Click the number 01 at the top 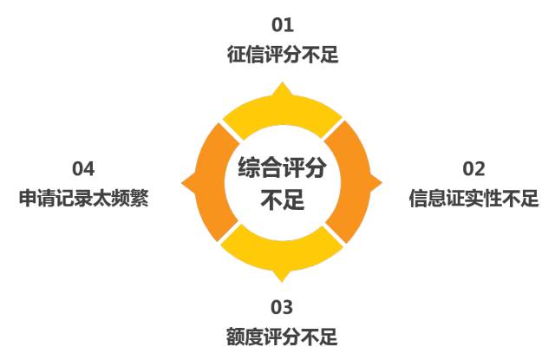[x=283, y=25]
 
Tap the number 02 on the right [x=473, y=169]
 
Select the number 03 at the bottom [x=282, y=307]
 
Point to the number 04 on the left [x=83, y=169]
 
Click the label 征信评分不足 [x=283, y=54]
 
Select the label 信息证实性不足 [x=473, y=198]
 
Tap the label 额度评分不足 [x=282, y=337]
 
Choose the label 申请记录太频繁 [x=83, y=198]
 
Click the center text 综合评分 [x=282, y=167]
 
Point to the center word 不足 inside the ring [x=282, y=200]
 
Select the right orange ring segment [x=354, y=182]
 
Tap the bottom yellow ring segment [x=282, y=254]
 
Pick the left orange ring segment [x=210, y=182]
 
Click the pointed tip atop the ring [x=282, y=82]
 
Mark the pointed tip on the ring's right [x=382, y=183]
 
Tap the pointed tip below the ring [x=282, y=281]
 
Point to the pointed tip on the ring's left [x=182, y=183]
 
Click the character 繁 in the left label [x=140, y=198]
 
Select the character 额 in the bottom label [x=235, y=337]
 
